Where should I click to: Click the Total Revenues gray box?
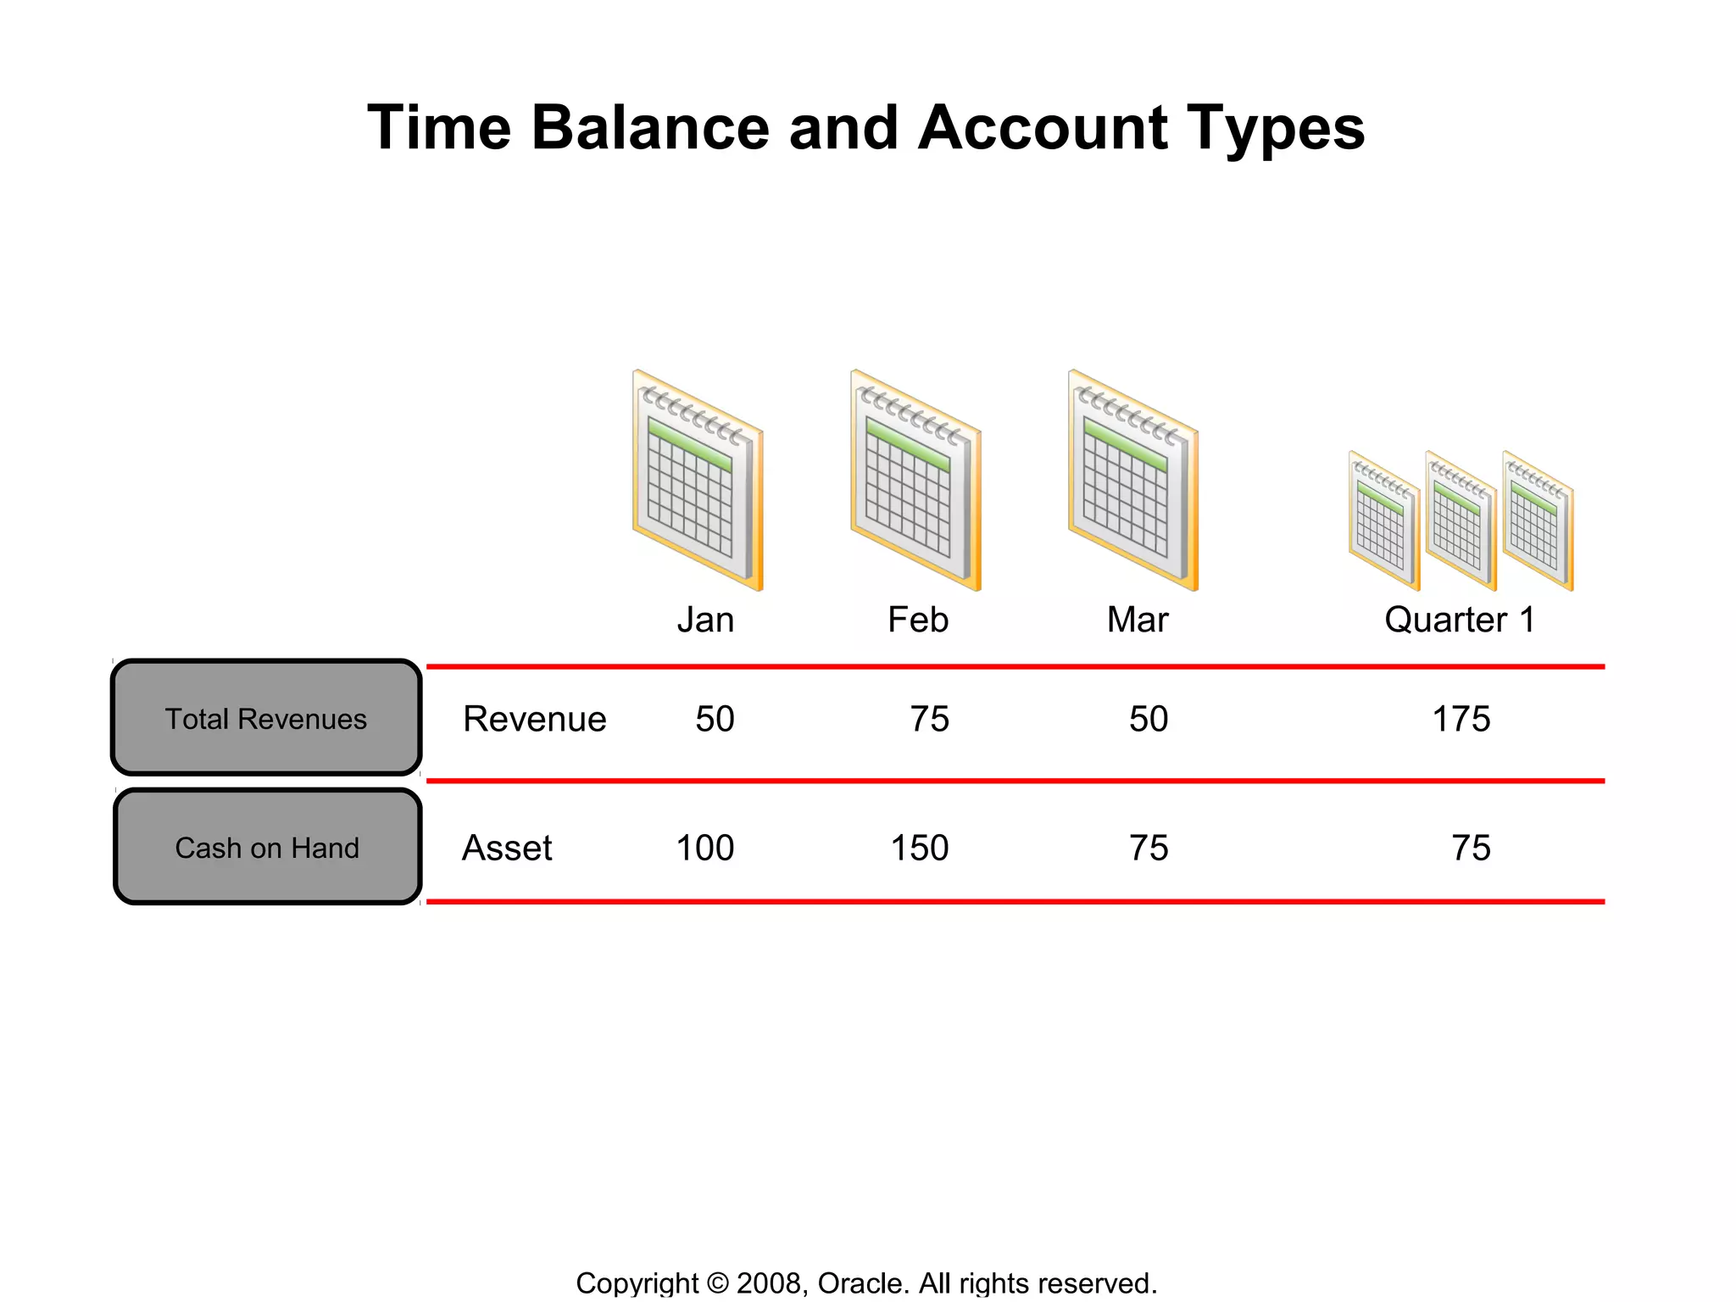click(x=266, y=718)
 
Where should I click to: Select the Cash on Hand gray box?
click(x=267, y=847)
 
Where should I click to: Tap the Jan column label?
click(x=705, y=620)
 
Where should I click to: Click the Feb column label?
click(x=917, y=620)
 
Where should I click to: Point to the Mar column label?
click(x=1137, y=620)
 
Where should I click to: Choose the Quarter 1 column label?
click(x=1459, y=620)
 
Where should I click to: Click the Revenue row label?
click(x=534, y=719)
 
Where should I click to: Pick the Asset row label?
click(x=507, y=848)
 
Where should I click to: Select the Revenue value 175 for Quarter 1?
click(x=1461, y=719)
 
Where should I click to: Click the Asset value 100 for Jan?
click(x=704, y=848)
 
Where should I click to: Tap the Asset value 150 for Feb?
click(x=919, y=848)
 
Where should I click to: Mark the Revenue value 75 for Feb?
click(x=929, y=719)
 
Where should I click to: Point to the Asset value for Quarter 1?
click(x=1471, y=848)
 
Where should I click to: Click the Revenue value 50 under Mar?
click(x=1148, y=719)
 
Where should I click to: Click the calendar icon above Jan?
click(x=698, y=481)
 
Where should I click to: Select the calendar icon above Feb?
click(x=915, y=481)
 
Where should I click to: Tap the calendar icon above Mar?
click(x=1133, y=481)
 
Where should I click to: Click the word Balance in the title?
click(x=650, y=128)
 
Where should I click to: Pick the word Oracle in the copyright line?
click(x=863, y=1283)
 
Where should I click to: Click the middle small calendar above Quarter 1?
click(x=1460, y=521)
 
